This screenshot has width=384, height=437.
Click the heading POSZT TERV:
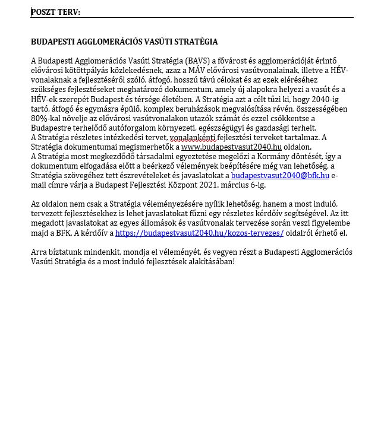55,12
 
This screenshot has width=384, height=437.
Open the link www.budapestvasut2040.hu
231,147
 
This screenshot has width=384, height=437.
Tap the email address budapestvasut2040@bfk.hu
280,176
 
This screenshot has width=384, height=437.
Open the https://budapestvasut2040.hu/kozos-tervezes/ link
199,233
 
